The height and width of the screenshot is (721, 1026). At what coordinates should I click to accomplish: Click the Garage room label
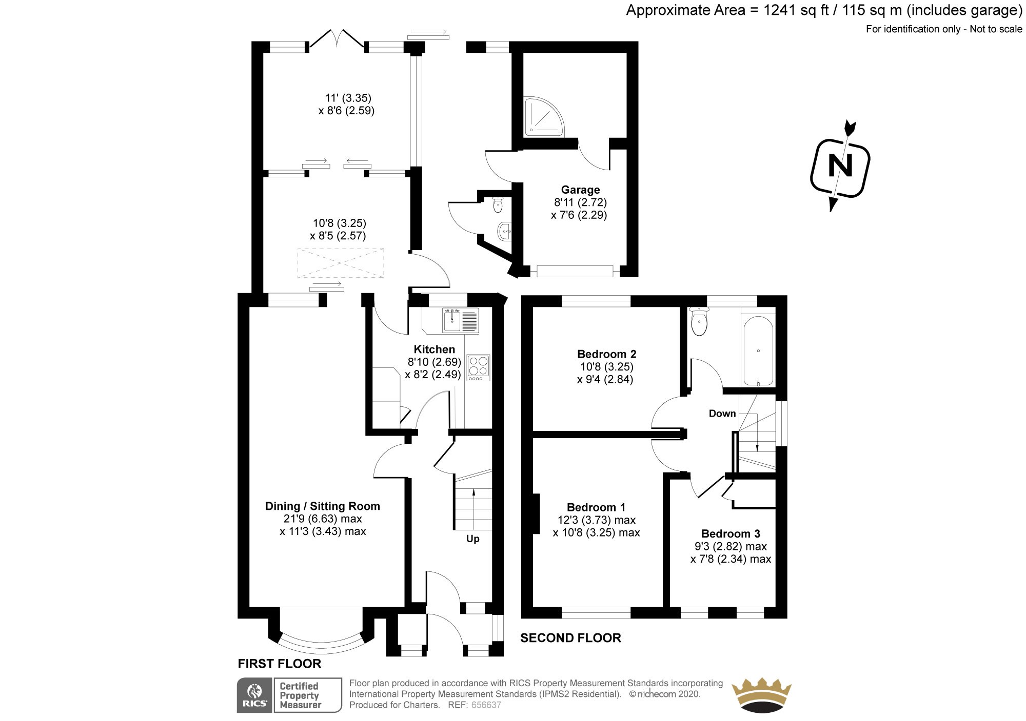coord(580,190)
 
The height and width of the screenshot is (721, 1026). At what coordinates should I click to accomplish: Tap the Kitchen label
coord(434,349)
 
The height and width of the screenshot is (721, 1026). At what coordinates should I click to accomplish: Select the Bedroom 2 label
coord(606,354)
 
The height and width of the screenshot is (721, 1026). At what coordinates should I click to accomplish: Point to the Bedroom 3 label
coord(731,533)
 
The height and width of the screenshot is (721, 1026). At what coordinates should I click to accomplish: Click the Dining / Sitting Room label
coord(322,506)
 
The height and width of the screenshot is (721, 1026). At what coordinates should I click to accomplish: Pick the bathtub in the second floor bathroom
coord(758,352)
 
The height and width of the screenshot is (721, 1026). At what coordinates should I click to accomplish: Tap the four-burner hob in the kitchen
coord(478,367)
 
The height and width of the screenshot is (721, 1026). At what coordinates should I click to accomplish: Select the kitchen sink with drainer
coord(461,321)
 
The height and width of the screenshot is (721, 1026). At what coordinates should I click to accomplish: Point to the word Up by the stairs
coord(472,539)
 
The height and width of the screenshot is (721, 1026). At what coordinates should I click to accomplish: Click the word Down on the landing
coord(722,414)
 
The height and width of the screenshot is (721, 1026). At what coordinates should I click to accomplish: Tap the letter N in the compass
coord(840,167)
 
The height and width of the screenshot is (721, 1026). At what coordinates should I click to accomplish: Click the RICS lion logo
coord(254,694)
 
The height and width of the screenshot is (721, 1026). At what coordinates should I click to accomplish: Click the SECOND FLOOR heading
coord(570,638)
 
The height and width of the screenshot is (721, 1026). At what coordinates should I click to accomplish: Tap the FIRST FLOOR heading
coord(279,664)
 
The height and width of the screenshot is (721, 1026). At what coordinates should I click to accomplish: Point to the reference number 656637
coord(486,705)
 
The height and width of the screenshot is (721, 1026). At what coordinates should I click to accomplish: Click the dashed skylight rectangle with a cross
coord(340,263)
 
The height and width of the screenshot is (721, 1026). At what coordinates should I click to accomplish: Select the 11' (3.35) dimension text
coord(348,98)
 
